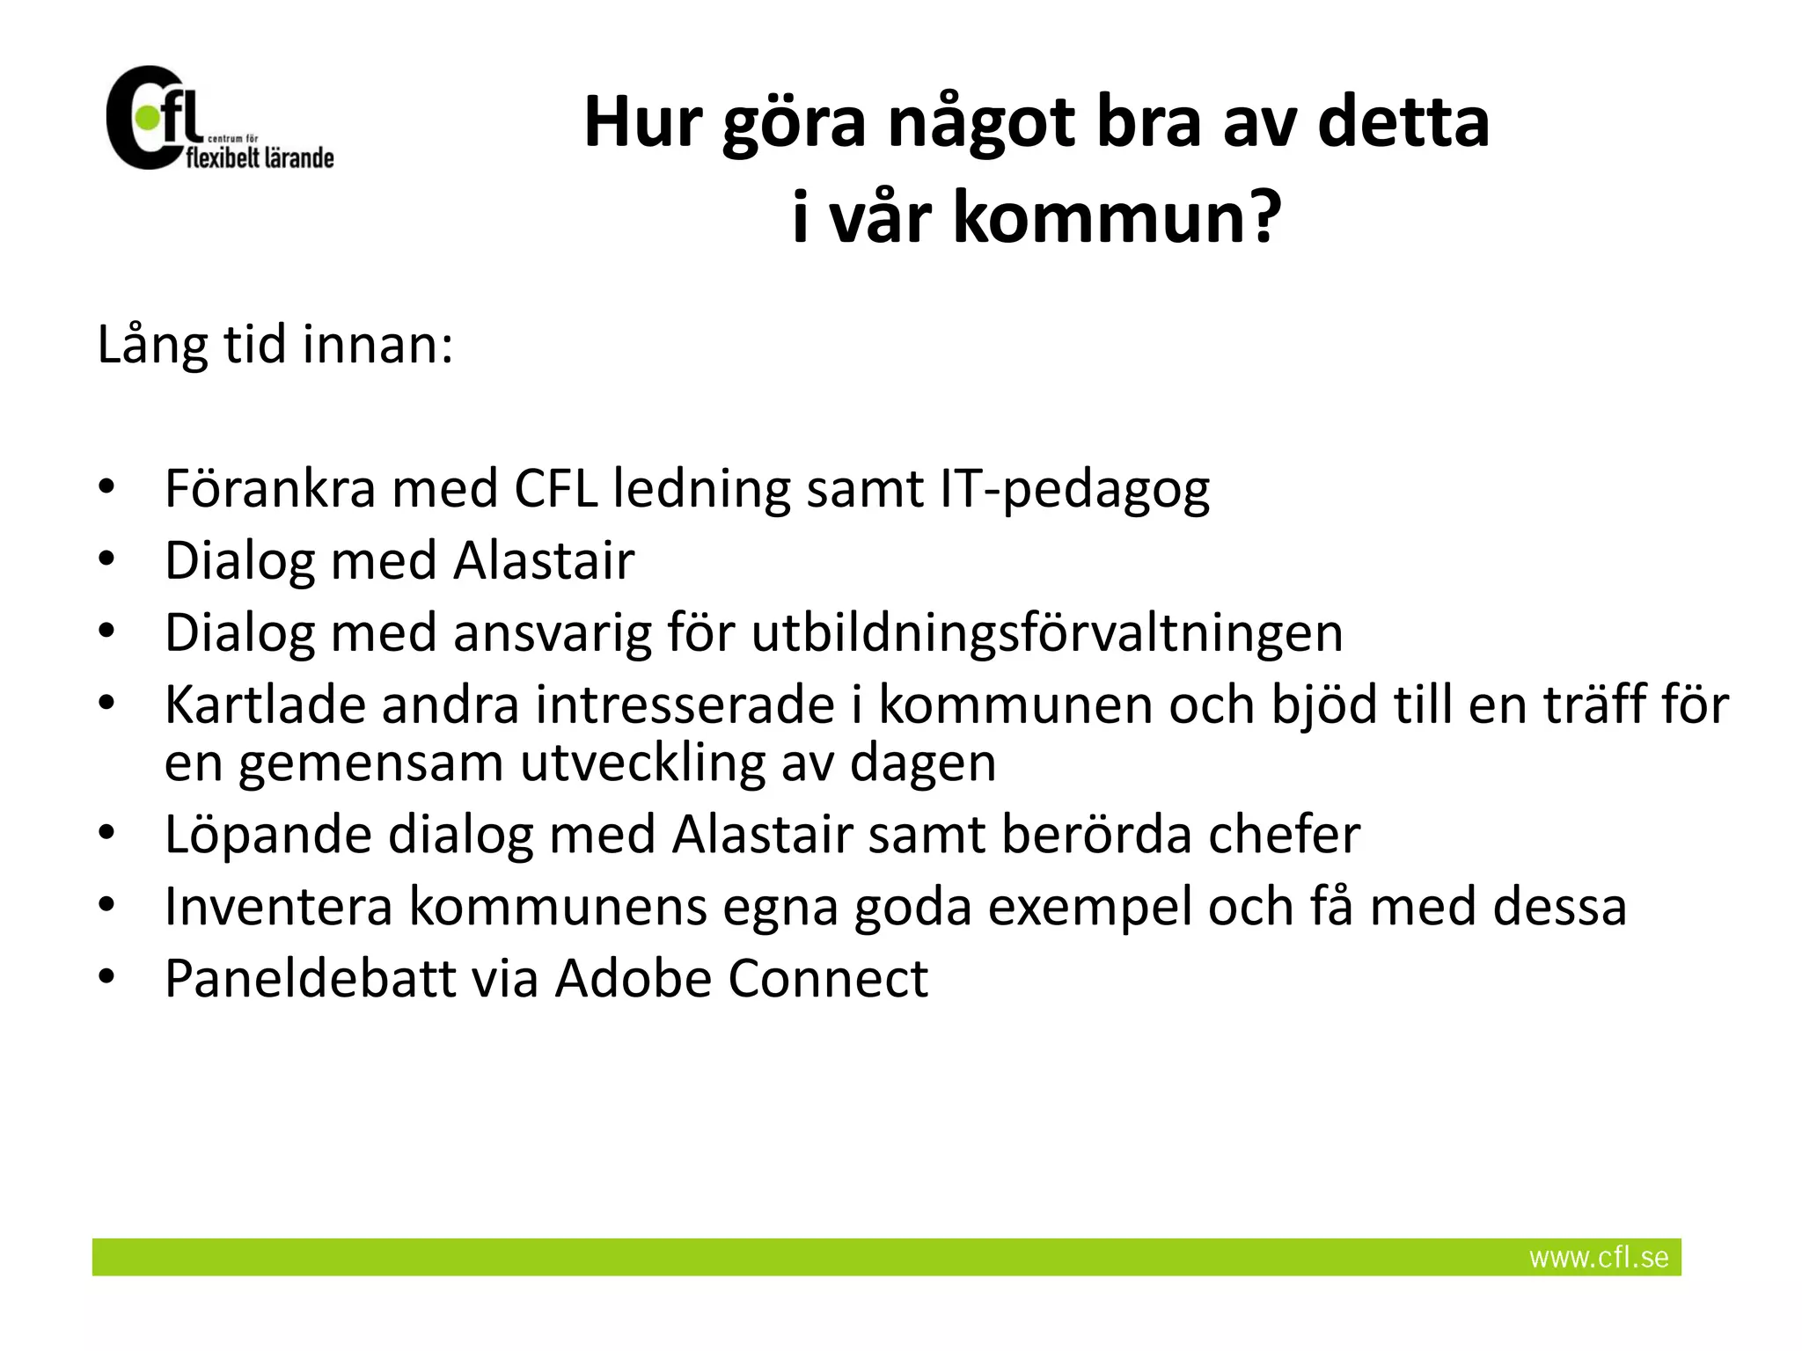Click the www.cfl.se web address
coord(1598,1257)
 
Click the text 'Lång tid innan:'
coord(275,344)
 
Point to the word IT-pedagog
coord(1074,490)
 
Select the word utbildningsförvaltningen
coord(1047,632)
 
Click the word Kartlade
coord(265,705)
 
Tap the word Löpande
coord(267,835)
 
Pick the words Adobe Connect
coord(741,978)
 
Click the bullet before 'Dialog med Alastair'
coord(106,559)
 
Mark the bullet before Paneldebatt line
coord(106,977)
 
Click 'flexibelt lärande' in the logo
coord(260,158)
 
